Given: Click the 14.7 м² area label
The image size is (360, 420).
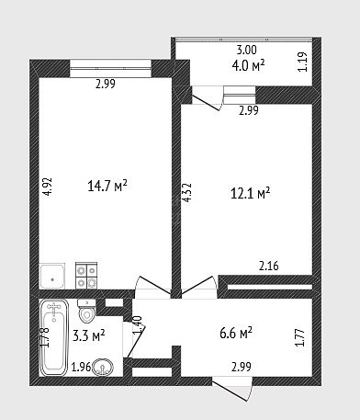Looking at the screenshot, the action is [x=107, y=186].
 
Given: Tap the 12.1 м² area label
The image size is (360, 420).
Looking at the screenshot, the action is [x=250, y=193].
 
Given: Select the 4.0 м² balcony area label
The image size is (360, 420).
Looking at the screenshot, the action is [x=248, y=66].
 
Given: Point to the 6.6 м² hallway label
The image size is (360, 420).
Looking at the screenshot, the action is [x=236, y=333].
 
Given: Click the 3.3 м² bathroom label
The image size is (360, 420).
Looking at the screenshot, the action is [x=89, y=335].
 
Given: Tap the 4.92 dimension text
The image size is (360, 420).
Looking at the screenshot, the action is [x=48, y=187].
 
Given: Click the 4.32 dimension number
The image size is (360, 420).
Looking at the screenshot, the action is [x=186, y=193].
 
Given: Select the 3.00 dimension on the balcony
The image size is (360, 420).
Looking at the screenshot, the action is [x=247, y=50].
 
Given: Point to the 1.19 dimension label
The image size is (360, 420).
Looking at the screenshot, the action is [x=302, y=62].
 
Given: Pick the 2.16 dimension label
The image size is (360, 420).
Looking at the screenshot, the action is [x=269, y=266].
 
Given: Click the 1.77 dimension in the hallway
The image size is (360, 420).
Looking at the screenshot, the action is [x=300, y=337].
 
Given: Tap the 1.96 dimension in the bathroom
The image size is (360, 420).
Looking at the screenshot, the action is [x=81, y=367].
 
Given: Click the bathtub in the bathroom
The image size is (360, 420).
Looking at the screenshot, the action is [x=54, y=337].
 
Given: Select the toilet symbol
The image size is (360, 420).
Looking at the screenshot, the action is [x=86, y=311].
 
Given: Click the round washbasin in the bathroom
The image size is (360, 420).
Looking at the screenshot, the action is [x=103, y=367].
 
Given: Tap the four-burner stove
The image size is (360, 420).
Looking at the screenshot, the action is [x=86, y=275].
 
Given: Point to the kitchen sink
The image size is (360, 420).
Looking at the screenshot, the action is [x=52, y=276].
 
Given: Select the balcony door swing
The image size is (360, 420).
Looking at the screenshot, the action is [x=206, y=98].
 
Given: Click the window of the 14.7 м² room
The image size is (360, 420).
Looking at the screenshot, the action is [x=110, y=68].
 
